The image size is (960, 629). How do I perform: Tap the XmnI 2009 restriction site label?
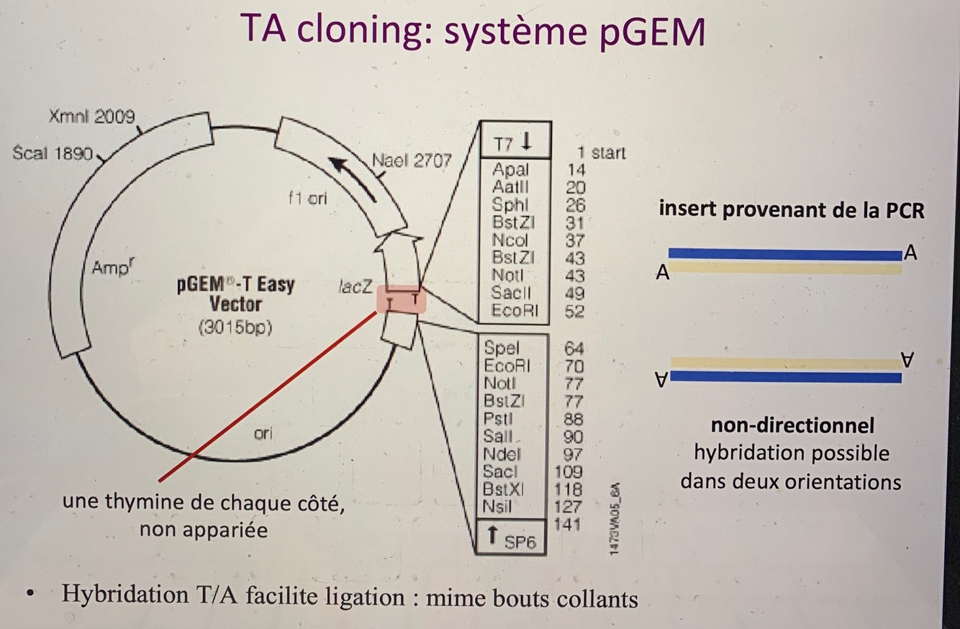point(91,117)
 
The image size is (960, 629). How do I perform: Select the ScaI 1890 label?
point(53,153)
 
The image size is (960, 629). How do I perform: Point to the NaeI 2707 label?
point(412,160)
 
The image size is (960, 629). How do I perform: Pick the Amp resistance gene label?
point(112,268)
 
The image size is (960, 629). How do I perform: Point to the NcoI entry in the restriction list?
point(510,240)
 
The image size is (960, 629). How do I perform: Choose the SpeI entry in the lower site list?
point(502,349)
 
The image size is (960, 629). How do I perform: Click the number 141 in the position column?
point(568,524)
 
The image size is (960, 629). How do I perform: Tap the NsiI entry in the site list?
point(499,507)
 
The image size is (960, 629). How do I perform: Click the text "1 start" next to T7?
point(601,153)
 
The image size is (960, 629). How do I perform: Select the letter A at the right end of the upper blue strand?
point(911,253)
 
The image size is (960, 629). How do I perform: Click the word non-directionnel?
point(792,425)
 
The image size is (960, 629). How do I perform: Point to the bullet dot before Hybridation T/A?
point(30,596)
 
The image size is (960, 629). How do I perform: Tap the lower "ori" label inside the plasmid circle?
point(263,434)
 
